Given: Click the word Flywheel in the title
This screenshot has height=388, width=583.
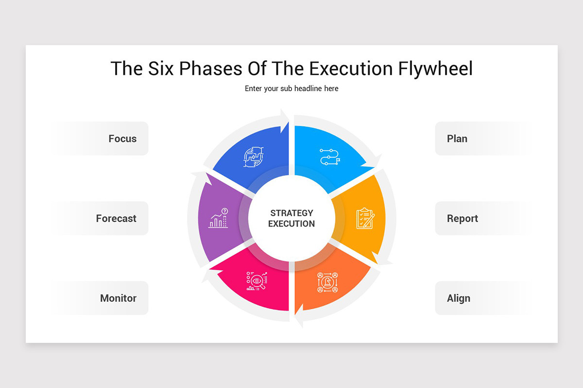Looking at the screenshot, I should (435, 69).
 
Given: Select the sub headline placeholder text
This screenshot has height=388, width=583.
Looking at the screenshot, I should (291, 89).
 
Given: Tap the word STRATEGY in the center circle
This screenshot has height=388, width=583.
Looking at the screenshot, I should (291, 213).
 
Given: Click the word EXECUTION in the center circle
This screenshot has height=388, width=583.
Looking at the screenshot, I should (291, 224).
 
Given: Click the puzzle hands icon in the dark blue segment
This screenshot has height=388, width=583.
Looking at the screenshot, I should (254, 157).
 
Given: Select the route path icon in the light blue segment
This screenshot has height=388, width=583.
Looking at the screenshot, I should (330, 157).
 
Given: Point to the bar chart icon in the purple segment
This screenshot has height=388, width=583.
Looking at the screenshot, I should (218, 218).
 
